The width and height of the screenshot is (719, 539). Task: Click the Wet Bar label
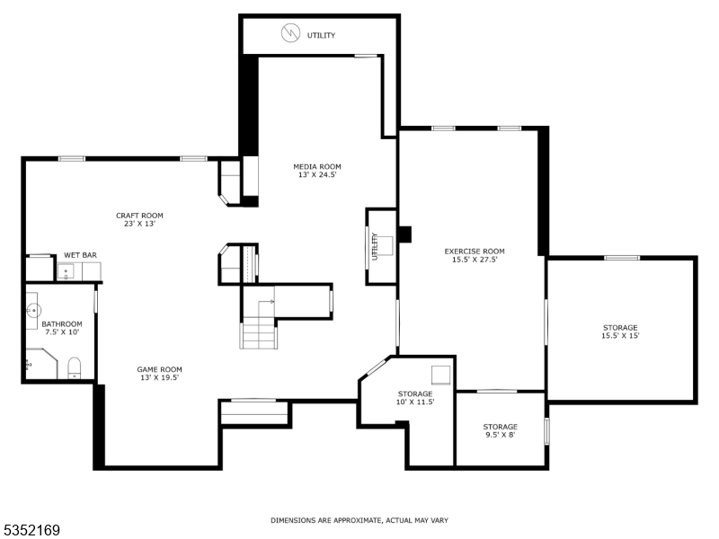click(x=80, y=255)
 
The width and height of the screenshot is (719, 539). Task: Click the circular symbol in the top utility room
click(x=290, y=34)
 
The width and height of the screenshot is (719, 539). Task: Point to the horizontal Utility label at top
click(x=321, y=36)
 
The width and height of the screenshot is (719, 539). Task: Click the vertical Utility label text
click(x=375, y=247)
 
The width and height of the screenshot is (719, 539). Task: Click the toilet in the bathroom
click(x=75, y=367)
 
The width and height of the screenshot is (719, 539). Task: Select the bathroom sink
click(x=32, y=310)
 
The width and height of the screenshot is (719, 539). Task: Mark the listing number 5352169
click(x=31, y=530)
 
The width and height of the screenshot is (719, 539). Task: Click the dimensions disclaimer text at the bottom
click(x=359, y=520)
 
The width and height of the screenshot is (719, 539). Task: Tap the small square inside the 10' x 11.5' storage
click(x=439, y=374)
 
